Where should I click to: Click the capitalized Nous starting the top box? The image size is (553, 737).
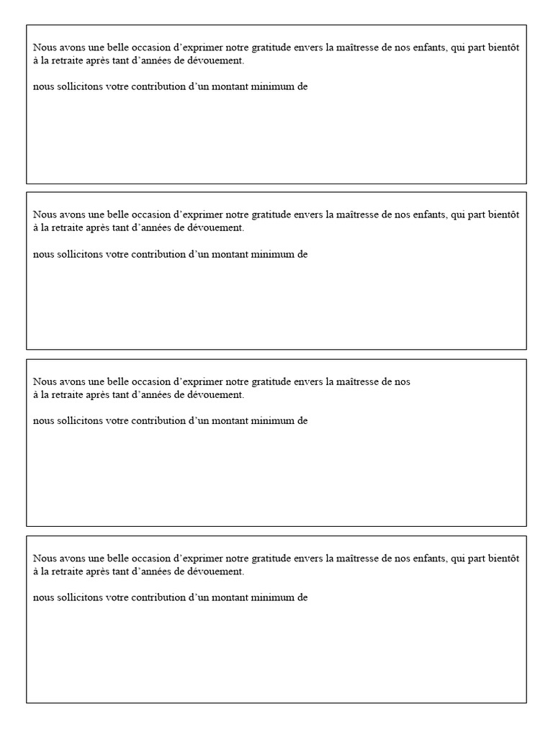pos(44,48)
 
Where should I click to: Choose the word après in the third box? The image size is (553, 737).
pos(108,395)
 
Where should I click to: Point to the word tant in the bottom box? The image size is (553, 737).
pos(135,571)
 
